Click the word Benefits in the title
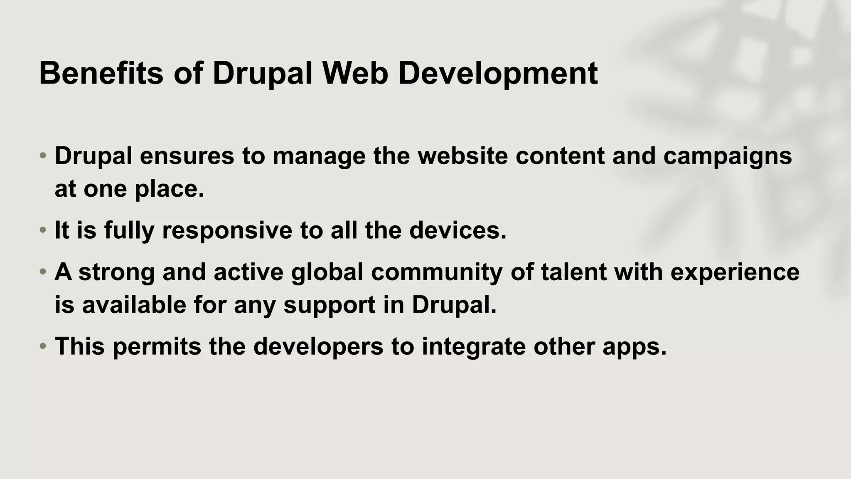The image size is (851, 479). click(x=101, y=73)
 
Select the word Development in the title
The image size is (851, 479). click(x=498, y=73)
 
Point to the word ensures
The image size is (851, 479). click(x=187, y=156)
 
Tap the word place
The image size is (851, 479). click(x=170, y=190)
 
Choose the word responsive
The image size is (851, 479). click(x=227, y=231)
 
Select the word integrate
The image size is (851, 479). click(x=474, y=347)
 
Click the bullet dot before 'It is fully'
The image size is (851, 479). click(x=43, y=230)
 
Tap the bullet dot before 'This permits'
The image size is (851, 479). click(x=43, y=346)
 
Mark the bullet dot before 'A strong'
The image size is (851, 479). click(x=43, y=272)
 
